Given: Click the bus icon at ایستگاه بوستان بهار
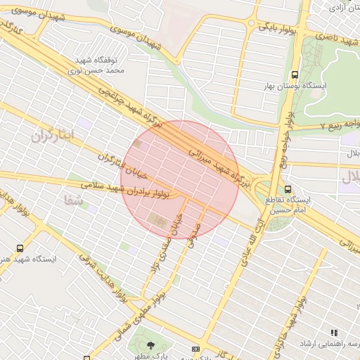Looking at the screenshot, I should [x=295, y=74].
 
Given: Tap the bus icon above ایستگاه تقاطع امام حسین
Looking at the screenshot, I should [x=288, y=188].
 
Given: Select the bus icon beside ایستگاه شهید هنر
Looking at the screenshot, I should [x=19, y=248].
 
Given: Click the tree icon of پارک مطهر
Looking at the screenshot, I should [x=152, y=345].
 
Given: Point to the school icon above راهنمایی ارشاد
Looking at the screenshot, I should [x=334, y=333].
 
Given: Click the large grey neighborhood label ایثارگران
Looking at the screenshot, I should [x=52, y=136].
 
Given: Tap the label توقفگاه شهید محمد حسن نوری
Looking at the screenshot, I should [x=99, y=65].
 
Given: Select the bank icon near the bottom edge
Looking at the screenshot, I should [x=195, y=349].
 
